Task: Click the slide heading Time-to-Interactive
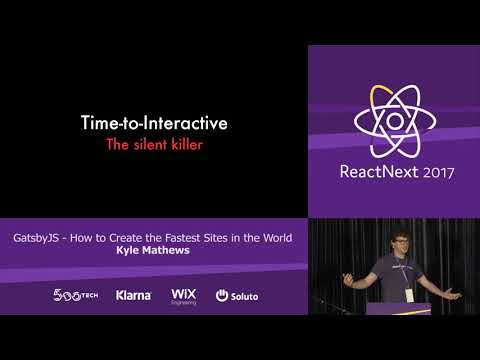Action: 154,124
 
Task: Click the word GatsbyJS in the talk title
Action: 42,239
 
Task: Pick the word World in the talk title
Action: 274,239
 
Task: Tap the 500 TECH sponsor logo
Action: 75,295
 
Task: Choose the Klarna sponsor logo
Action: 133,295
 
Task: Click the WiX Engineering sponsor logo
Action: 184,295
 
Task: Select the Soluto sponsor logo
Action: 236,295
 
